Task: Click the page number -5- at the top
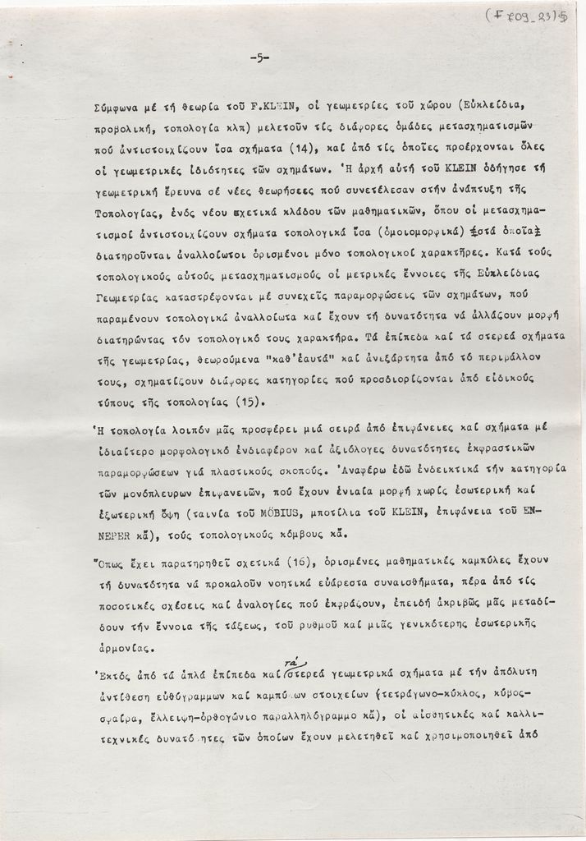click(x=259, y=57)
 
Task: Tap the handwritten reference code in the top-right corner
click(x=533, y=15)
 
